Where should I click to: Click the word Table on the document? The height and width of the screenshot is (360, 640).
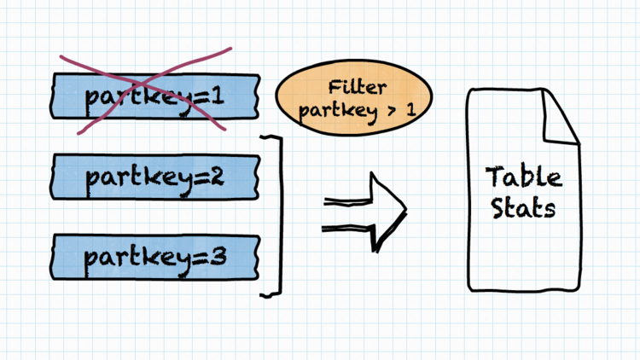(x=524, y=177)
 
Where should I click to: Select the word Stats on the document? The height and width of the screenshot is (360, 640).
(x=524, y=208)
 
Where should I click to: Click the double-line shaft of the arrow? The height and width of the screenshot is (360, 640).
(x=346, y=213)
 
